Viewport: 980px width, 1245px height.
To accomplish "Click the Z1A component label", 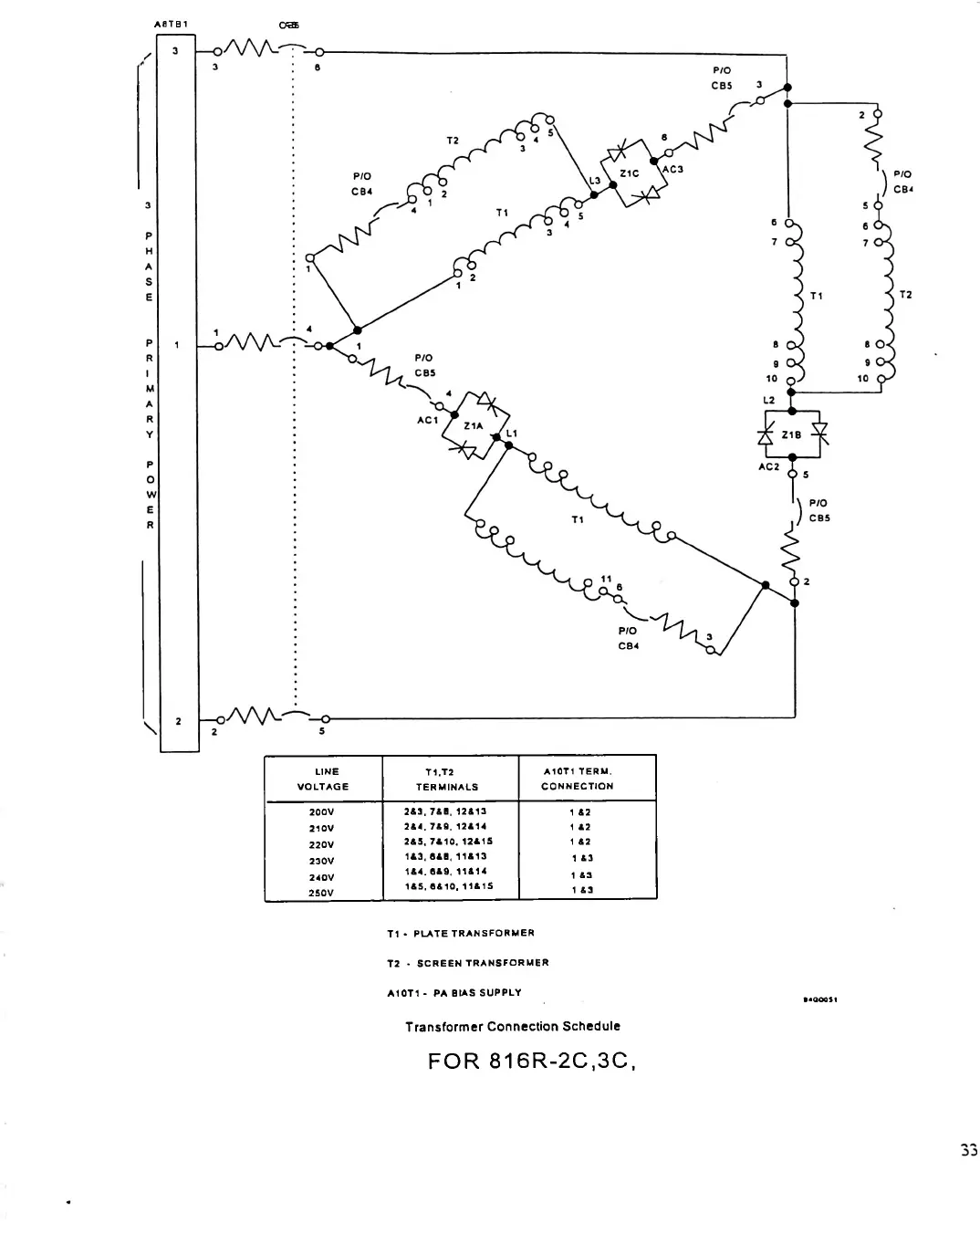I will [473, 425].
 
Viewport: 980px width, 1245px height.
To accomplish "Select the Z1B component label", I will [790, 434].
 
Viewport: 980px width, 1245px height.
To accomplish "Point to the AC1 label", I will [427, 420].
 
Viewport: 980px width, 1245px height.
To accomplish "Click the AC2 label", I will [768, 466].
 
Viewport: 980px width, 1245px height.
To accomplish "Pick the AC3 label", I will [672, 169].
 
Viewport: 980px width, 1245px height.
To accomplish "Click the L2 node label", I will [768, 400].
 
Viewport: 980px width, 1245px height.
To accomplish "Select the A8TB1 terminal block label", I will [172, 25].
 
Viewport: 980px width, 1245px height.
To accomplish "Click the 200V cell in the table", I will [323, 811].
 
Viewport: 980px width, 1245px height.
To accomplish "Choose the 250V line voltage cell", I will [323, 893].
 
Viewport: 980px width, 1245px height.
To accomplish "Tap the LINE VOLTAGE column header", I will [323, 779].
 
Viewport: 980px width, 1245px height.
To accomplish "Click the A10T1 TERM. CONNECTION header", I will [578, 779].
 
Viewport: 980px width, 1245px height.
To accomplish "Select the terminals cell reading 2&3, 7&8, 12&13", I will [445, 811].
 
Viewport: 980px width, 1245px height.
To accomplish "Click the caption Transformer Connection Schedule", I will [513, 1026].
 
